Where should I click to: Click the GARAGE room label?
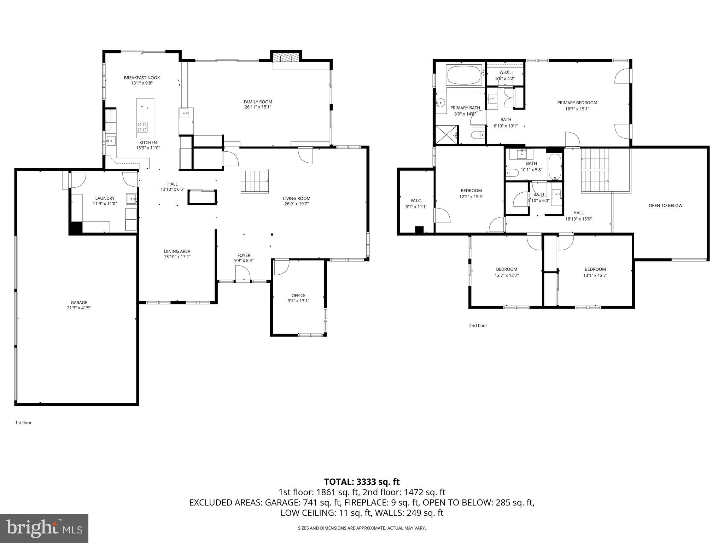(x=79, y=303)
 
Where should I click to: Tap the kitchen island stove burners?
(x=142, y=127)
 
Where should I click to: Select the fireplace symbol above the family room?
(x=286, y=58)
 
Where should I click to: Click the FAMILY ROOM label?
(x=258, y=102)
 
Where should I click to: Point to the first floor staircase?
(x=255, y=181)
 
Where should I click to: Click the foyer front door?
(x=243, y=274)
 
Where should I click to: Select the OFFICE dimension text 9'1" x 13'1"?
(x=298, y=301)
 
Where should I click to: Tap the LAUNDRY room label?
(x=105, y=198)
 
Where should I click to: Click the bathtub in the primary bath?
(x=464, y=75)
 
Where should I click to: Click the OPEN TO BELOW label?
(x=665, y=205)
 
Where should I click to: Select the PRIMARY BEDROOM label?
(x=577, y=103)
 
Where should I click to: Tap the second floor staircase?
(x=595, y=171)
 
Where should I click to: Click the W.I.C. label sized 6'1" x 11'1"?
(x=416, y=201)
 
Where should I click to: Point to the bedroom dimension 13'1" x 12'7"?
(x=595, y=275)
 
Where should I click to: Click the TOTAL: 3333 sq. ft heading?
(x=362, y=481)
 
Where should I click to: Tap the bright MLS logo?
(x=44, y=528)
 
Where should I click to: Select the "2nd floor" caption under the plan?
(x=478, y=326)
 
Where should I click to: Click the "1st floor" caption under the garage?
(x=23, y=423)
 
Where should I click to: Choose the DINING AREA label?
(x=177, y=251)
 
